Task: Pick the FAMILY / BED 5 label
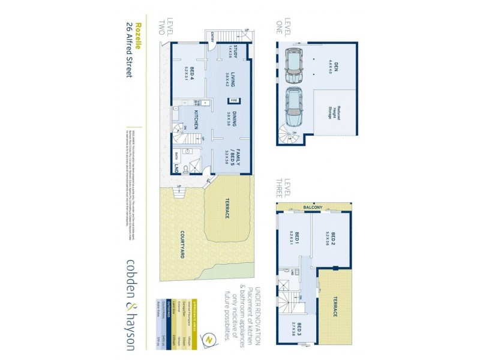[236, 157]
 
